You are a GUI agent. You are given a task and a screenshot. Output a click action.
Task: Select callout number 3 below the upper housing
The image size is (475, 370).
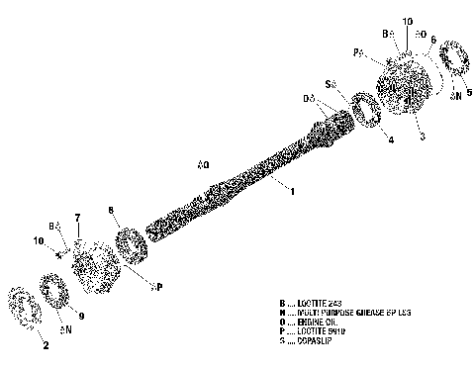pyautogui.click(x=423, y=135)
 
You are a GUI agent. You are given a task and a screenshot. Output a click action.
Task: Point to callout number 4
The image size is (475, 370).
pyautogui.click(x=390, y=139)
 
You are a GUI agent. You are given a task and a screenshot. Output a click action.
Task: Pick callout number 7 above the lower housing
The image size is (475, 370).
pyautogui.click(x=77, y=217)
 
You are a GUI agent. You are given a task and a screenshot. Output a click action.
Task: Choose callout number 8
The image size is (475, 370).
pyautogui.click(x=113, y=210)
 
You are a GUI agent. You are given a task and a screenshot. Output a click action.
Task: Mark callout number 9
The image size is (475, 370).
pyautogui.click(x=81, y=317)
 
